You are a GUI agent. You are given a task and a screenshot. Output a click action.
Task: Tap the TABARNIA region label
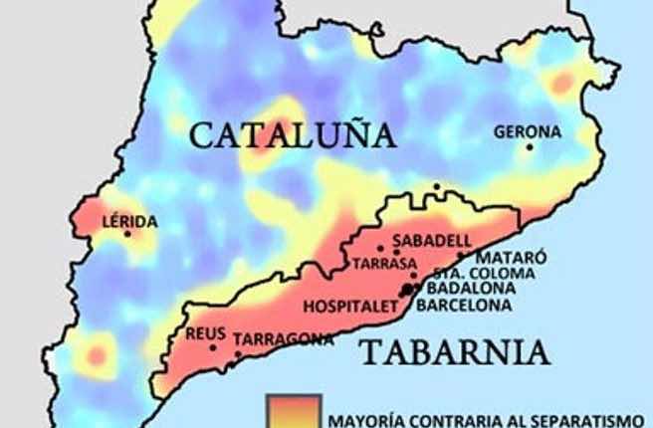point(455,351)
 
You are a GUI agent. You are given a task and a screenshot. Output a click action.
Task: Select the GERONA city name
point(527,130)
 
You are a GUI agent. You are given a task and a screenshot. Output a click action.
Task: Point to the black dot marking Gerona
point(530,147)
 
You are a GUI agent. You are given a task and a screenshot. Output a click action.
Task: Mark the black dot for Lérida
point(127,234)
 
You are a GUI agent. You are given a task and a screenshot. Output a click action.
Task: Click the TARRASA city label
point(383,264)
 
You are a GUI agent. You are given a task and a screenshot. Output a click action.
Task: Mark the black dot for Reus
point(213,347)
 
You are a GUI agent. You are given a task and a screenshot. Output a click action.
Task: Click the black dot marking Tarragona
point(237,353)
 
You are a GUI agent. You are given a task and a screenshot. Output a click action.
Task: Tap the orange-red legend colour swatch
point(293,411)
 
